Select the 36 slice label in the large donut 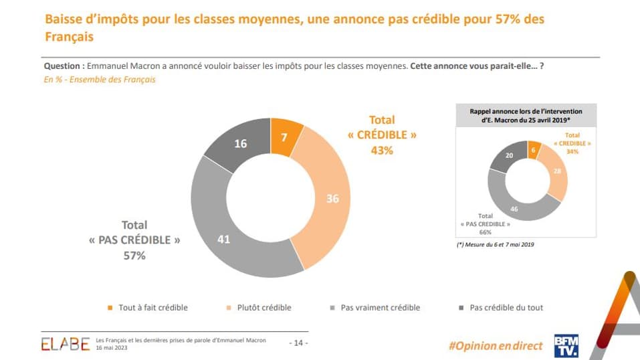pos(332,198)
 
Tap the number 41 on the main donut pos(224,238)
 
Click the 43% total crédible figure pos(382,151)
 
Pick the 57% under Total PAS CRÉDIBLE pos(134,255)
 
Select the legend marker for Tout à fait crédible pos(110,308)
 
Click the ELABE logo pos(65,344)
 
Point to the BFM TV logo pos(566,345)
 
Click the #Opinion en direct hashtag pos(495,345)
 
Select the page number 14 pos(298,343)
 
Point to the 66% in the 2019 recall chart pos(486,232)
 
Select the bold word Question pos(64,66)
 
